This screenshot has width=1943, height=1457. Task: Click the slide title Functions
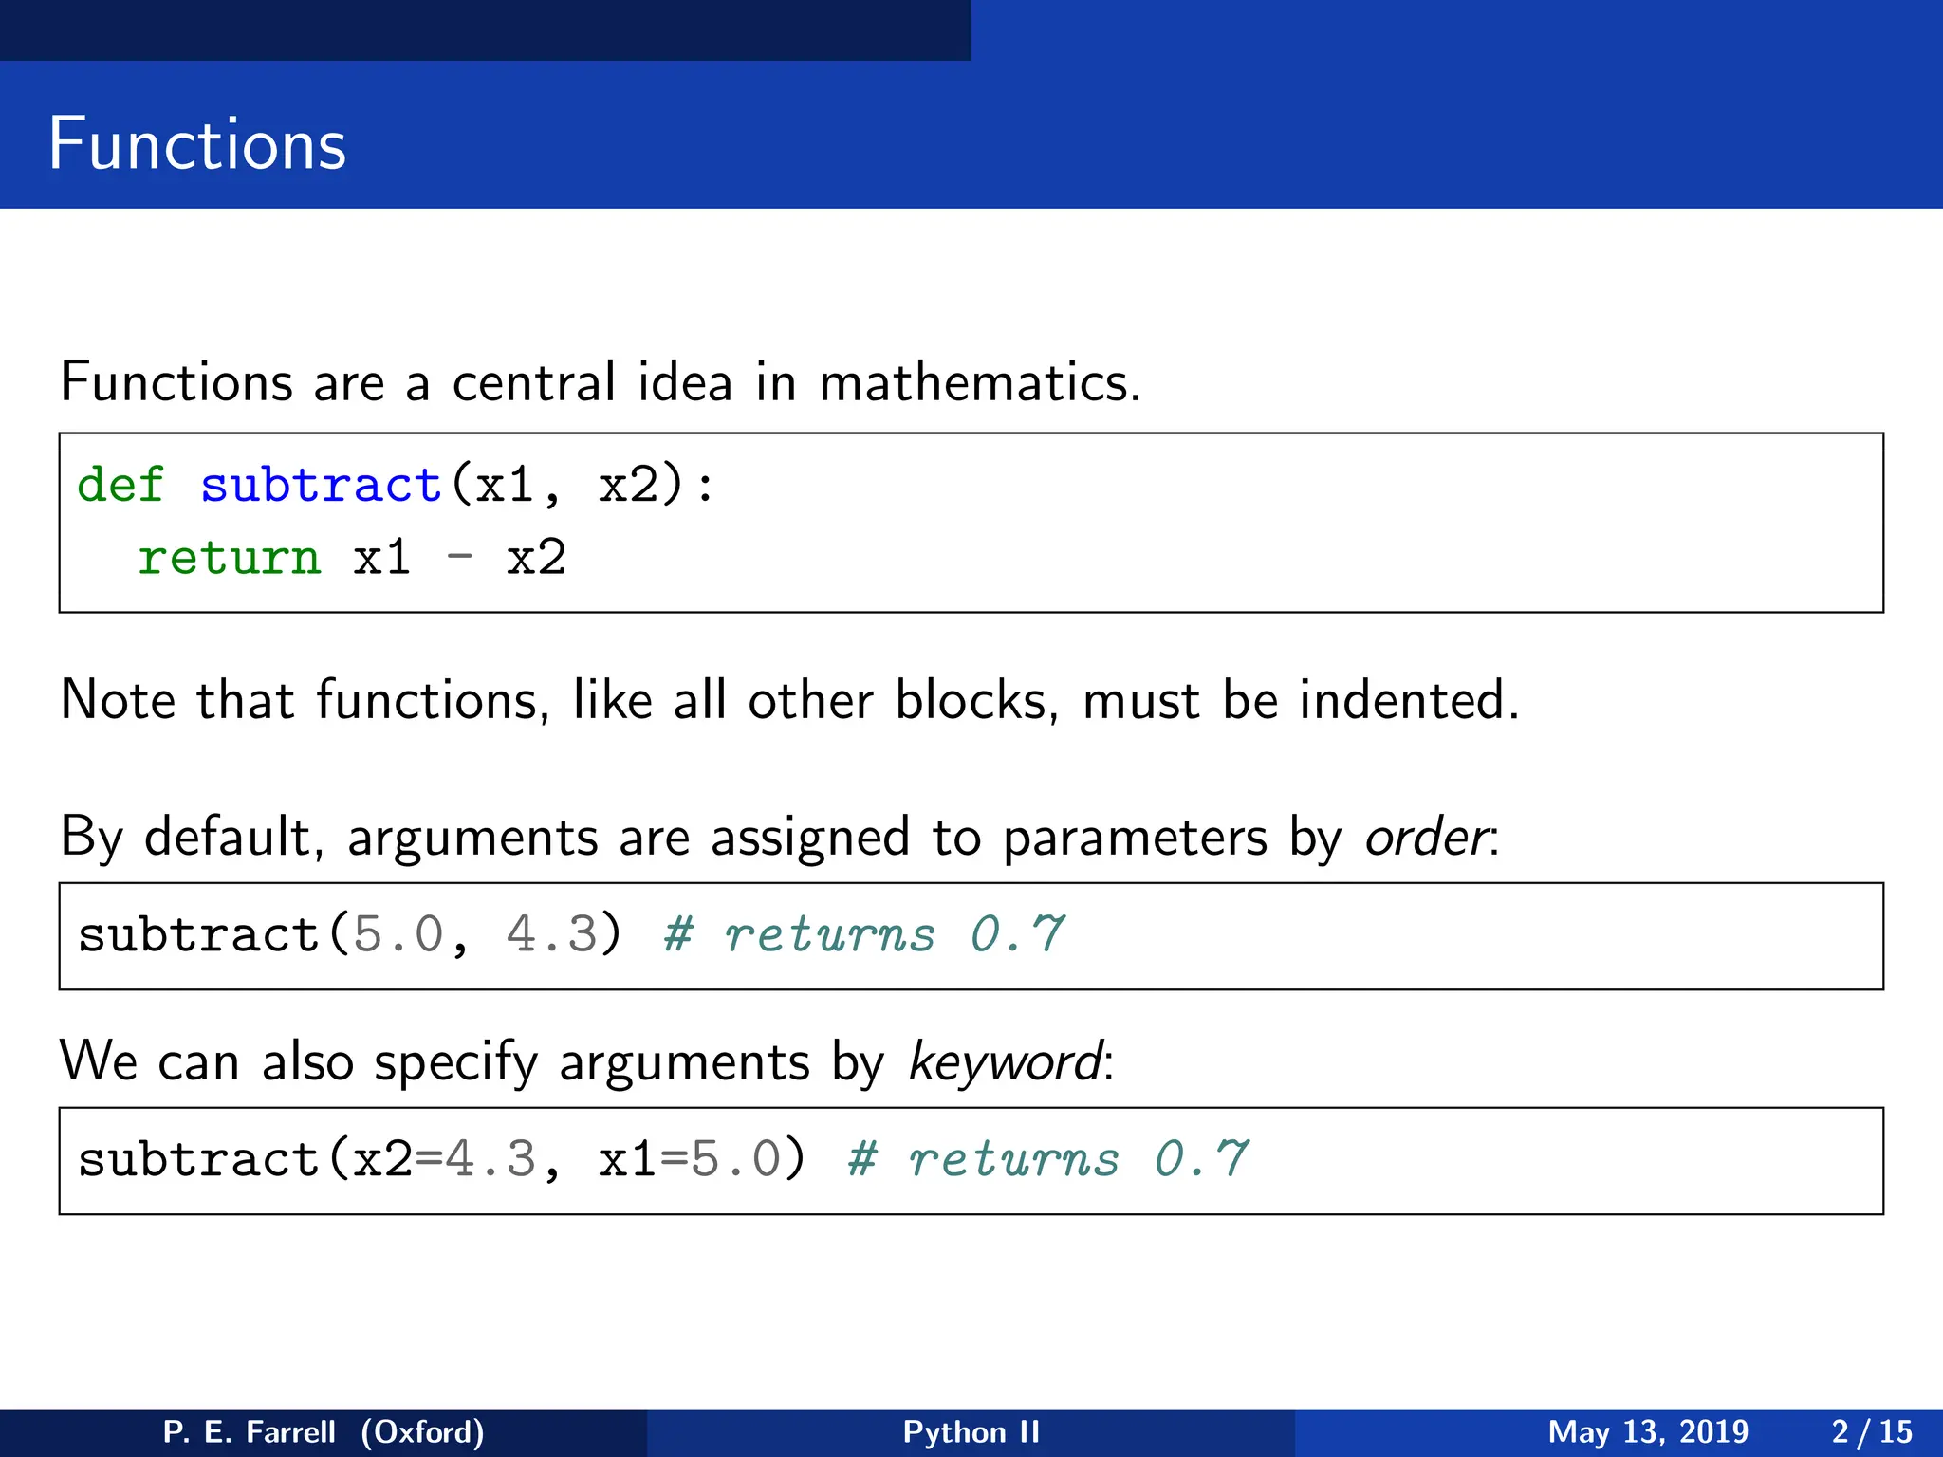197,144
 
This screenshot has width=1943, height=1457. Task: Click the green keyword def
120,485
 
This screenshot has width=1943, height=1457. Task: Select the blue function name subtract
322,485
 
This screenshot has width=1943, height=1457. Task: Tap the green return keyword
230,557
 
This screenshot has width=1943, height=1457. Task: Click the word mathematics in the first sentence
979,382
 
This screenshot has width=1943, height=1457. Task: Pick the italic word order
1426,838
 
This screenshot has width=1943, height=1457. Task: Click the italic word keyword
1006,1061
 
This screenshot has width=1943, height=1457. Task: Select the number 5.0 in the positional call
398,934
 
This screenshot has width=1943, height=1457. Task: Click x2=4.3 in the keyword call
444,1159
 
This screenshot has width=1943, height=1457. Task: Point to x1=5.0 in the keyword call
690,1159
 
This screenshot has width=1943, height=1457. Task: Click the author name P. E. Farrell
250,1431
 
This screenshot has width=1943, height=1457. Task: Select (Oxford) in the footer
422,1431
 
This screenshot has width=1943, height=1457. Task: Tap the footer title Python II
971,1431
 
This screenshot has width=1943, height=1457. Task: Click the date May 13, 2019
1648,1431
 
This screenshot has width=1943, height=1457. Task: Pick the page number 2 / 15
1872,1431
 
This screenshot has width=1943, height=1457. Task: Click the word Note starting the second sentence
118,700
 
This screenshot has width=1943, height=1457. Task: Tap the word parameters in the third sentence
1135,838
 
